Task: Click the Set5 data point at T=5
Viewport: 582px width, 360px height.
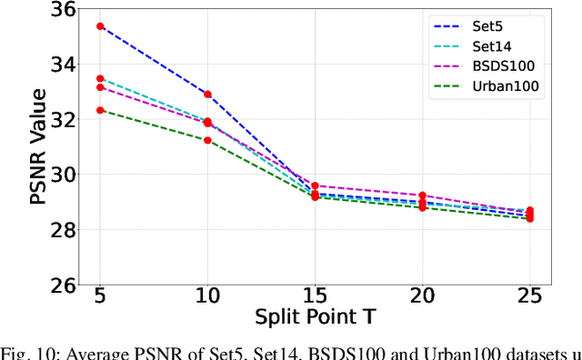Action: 100,27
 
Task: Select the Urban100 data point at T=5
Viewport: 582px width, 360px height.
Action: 100,110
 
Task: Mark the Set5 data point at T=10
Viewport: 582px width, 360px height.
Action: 207,95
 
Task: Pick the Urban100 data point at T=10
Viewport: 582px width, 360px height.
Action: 207,140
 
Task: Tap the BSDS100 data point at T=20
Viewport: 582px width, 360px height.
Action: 422,195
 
